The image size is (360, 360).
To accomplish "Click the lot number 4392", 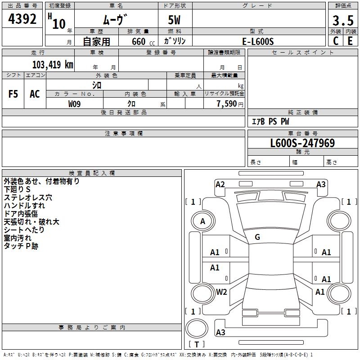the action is pyautogui.click(x=22, y=18).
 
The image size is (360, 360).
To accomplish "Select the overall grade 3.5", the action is pyautogui.click(x=343, y=20).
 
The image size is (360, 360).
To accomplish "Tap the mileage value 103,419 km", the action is pyautogui.click(x=53, y=65).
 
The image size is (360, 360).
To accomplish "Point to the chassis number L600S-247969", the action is pyautogui.click(x=302, y=143).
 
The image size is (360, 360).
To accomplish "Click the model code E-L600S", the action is pyautogui.click(x=258, y=41).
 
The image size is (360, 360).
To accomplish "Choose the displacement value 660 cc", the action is pyautogui.click(x=143, y=42).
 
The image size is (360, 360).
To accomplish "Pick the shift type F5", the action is pyautogui.click(x=13, y=94).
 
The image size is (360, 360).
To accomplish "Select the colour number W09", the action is pyautogui.click(x=74, y=104).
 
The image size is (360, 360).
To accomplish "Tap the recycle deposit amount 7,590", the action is pyautogui.click(x=227, y=104).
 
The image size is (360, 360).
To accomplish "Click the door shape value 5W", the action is pyautogui.click(x=174, y=20).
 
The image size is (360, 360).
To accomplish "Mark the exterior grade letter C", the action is pyautogui.click(x=336, y=41).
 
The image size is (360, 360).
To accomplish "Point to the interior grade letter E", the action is pyautogui.click(x=350, y=41).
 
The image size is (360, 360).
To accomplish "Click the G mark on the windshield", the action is pyautogui.click(x=257, y=237).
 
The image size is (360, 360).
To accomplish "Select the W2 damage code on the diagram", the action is pyautogui.click(x=221, y=292).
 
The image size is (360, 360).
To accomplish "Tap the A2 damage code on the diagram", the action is pyautogui.click(x=220, y=184).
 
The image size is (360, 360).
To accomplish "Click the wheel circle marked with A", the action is pyautogui.click(x=203, y=221).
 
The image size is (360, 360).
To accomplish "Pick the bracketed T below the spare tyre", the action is pyautogui.click(x=197, y=344).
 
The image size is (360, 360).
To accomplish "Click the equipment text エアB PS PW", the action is pyautogui.click(x=270, y=121).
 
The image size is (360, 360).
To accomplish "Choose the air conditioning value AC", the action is pyautogui.click(x=35, y=94).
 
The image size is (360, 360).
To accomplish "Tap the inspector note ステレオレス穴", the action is pyautogui.click(x=28, y=198).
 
